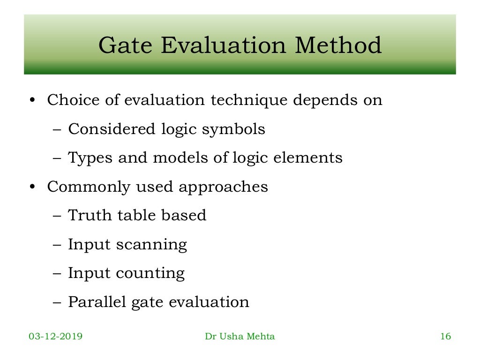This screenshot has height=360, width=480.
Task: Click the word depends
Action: (324, 101)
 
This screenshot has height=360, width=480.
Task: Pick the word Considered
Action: (112, 128)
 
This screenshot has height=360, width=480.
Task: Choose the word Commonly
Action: (89, 187)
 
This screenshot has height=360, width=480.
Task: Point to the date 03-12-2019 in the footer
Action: (56, 337)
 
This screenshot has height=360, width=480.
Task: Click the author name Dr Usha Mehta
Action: (240, 337)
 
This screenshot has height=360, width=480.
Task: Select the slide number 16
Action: (445, 337)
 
